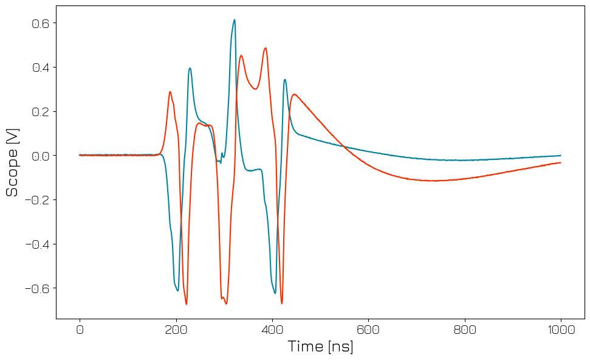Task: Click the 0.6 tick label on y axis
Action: [x=40, y=23]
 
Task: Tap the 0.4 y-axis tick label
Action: [x=40, y=67]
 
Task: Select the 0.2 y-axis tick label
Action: [x=40, y=111]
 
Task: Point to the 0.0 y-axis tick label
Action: [x=40, y=156]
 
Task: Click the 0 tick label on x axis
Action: [x=80, y=330]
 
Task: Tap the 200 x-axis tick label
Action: [x=176, y=330]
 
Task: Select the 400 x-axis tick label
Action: [x=272, y=330]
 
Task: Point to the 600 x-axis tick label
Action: [x=368, y=330]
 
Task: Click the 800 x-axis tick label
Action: [x=464, y=330]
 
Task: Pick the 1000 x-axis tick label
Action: [x=560, y=330]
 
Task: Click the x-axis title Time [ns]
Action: [x=320, y=347]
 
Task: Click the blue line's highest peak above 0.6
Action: [x=234, y=19]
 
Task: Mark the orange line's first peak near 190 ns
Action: [x=170, y=92]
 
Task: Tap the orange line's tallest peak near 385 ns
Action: [x=266, y=48]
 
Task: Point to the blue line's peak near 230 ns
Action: [x=190, y=68]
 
